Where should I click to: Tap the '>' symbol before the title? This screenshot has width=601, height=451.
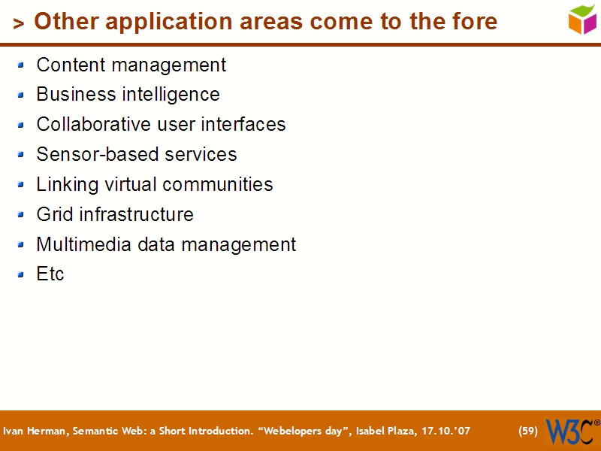pyautogui.click(x=19, y=24)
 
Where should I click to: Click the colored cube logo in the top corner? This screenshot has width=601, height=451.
pyautogui.click(x=582, y=19)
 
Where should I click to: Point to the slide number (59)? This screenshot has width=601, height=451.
pyautogui.click(x=528, y=431)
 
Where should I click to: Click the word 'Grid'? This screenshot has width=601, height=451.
pyautogui.click(x=53, y=214)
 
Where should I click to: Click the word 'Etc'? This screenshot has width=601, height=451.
pyautogui.click(x=50, y=274)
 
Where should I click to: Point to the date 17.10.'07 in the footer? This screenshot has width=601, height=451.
pyautogui.click(x=444, y=431)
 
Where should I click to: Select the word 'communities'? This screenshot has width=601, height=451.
pyautogui.click(x=218, y=184)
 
